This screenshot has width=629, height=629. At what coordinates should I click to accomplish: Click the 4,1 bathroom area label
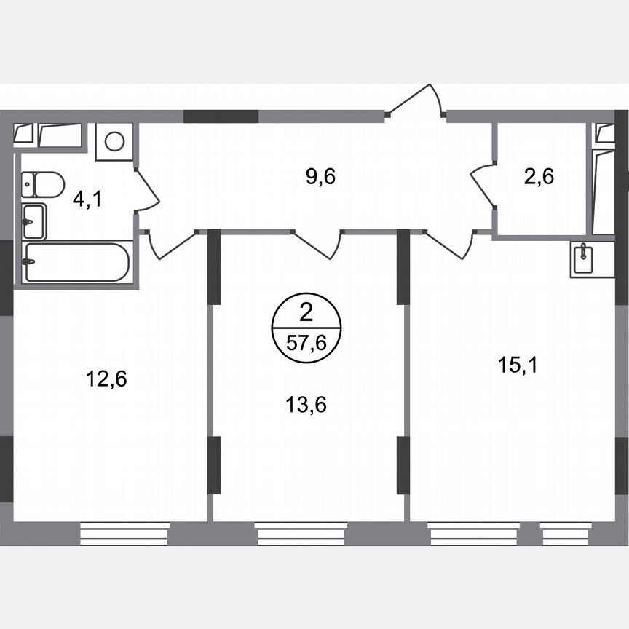87,199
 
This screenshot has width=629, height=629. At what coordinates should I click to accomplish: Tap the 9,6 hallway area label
320,176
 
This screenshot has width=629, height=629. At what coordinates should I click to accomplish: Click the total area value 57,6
306,344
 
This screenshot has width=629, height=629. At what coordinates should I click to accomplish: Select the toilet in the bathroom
42,184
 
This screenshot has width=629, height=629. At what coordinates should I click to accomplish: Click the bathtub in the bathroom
76,262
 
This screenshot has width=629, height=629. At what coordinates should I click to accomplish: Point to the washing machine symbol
114,141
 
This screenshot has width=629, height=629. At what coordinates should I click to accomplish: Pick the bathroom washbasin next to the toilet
33,221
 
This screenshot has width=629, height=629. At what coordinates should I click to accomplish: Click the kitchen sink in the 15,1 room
582,259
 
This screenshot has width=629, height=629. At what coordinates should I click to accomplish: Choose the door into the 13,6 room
319,243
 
